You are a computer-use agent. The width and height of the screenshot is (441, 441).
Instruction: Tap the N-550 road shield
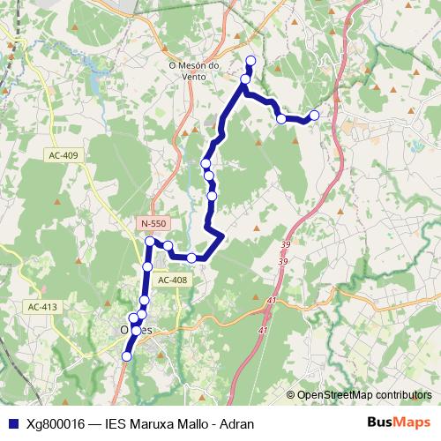point(153,225)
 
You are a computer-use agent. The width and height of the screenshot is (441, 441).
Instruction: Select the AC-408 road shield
point(173,280)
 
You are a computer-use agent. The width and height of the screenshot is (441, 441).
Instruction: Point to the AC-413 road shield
point(41,307)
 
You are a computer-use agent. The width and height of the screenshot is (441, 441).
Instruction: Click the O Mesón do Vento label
point(186,71)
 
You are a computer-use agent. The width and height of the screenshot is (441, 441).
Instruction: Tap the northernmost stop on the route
point(250,61)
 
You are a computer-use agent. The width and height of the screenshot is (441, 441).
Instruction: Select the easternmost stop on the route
point(314,115)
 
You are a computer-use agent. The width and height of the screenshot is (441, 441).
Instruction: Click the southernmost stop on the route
point(127,355)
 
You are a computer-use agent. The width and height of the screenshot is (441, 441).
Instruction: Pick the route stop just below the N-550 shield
point(151,241)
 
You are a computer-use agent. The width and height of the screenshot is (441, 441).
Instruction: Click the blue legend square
point(11,422)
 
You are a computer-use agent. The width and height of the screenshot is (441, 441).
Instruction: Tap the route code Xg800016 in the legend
point(56,422)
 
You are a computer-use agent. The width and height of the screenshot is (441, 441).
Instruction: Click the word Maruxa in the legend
point(149,422)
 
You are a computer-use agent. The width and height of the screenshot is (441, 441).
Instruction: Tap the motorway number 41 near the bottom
point(262,330)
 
